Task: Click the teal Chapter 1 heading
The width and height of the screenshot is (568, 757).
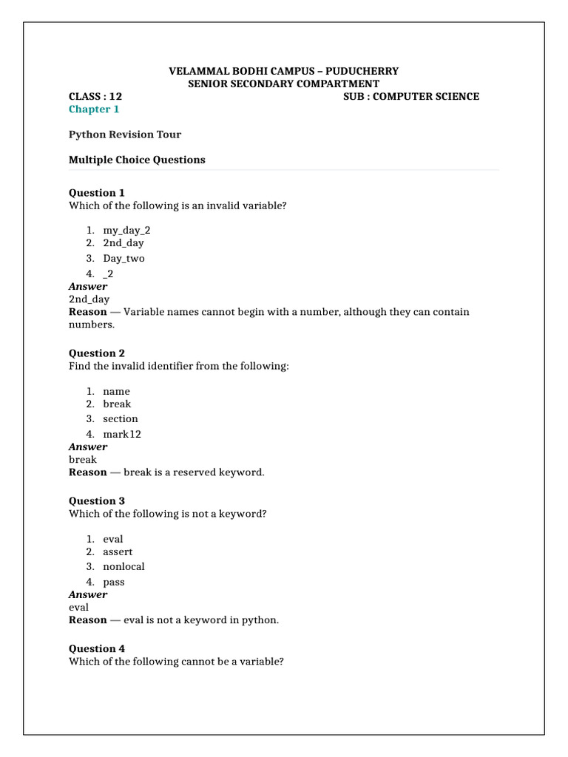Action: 94,109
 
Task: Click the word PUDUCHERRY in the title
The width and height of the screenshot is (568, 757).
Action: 367,71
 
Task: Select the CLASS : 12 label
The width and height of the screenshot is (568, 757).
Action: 95,96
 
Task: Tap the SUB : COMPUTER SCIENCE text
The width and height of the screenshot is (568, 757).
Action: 411,96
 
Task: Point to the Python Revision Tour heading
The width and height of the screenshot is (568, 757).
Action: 124,135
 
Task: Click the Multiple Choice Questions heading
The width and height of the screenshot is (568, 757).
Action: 137,160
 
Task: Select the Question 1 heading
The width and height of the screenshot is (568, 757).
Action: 97,193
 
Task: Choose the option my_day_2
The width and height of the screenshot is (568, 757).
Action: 126,230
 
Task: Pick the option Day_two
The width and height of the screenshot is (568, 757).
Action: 124,258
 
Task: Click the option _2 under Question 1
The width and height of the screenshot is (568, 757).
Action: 108,274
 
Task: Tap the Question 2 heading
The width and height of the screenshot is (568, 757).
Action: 97,353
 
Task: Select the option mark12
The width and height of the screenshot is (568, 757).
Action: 122,434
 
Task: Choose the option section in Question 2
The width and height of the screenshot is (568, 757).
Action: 121,418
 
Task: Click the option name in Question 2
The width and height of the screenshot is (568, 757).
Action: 116,391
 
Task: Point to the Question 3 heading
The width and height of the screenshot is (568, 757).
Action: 97,501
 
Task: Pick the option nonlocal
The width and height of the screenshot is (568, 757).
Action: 124,566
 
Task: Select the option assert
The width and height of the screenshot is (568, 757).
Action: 118,551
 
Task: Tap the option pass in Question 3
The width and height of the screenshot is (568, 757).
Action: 114,582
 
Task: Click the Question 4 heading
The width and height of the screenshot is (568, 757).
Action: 97,649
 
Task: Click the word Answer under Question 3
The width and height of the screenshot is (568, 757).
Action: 88,594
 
